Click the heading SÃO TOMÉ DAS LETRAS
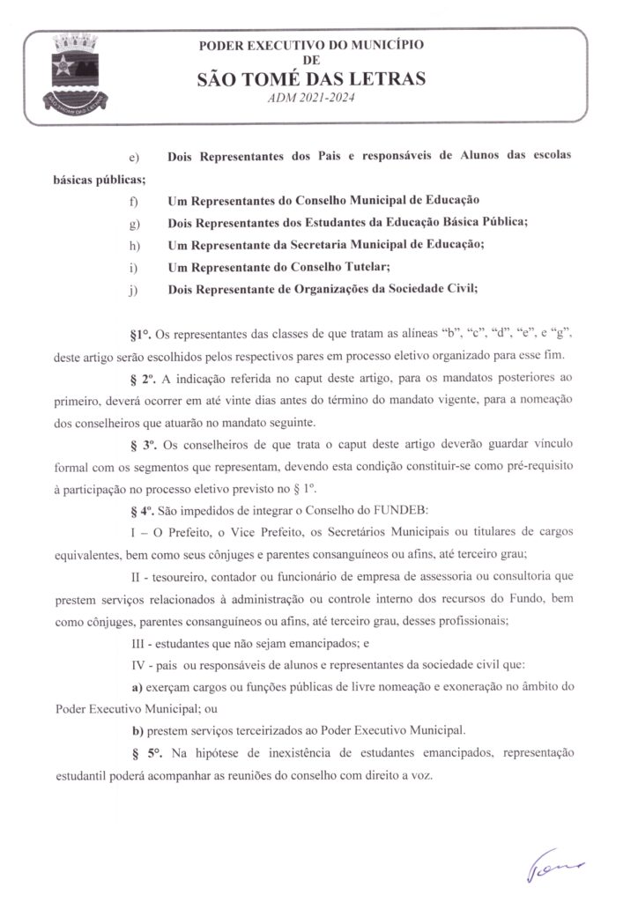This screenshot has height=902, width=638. click(x=313, y=80)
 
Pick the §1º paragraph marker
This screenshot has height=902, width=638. click(x=141, y=336)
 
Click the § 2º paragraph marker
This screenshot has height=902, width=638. click(x=142, y=380)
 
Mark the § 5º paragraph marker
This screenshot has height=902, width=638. click(x=142, y=753)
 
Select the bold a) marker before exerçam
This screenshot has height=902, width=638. click(x=137, y=687)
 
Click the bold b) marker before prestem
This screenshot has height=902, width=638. click(x=137, y=730)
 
